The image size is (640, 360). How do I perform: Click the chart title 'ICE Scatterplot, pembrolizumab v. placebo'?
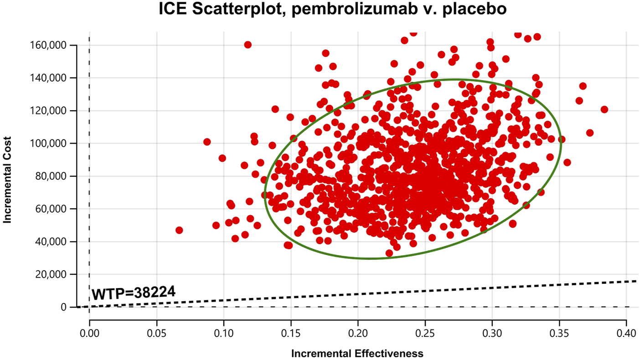point(332,9)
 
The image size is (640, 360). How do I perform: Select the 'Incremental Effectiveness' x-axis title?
point(357,353)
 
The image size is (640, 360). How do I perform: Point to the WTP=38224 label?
point(134,293)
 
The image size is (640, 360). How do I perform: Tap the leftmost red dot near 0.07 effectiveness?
point(179,230)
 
